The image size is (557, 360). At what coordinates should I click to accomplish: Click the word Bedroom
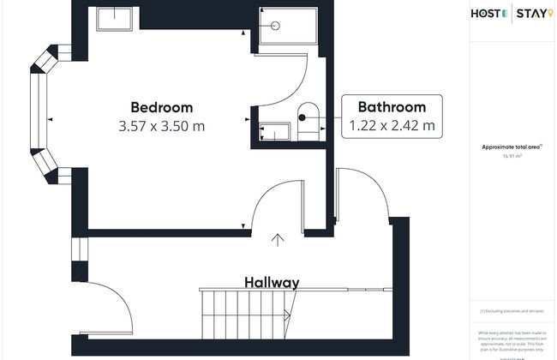point(161,107)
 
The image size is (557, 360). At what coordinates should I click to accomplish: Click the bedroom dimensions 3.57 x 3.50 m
point(161,126)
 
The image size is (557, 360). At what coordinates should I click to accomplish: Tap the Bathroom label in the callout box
point(392,107)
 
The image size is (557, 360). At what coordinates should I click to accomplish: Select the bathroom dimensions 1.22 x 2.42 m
point(392,126)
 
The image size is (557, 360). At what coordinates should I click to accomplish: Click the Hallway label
point(272,282)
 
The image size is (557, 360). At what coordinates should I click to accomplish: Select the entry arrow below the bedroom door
point(278,240)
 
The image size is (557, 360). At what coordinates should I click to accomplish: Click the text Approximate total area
point(510,147)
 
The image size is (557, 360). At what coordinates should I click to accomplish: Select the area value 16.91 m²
point(512,157)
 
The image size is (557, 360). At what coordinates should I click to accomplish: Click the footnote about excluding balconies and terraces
point(512,310)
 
